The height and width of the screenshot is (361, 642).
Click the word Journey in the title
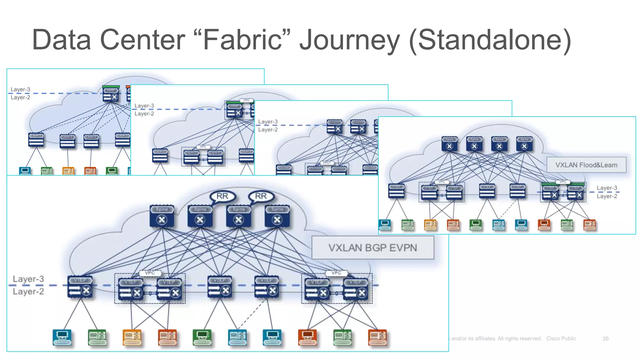(350, 40)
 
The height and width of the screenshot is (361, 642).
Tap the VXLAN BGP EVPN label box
(373, 248)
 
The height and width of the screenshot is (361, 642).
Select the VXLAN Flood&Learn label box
(586, 165)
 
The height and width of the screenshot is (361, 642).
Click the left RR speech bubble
(222, 196)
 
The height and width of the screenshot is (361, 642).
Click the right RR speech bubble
(261, 196)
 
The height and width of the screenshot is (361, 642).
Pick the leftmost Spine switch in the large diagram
(162, 216)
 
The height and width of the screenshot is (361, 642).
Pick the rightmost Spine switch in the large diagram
(277, 216)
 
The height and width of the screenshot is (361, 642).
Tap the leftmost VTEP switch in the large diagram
(80, 287)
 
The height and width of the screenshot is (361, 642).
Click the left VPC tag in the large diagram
(150, 273)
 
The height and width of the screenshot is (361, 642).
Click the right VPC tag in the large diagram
(336, 273)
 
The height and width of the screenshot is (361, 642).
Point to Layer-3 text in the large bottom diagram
(28, 279)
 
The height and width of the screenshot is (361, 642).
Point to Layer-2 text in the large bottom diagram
(28, 291)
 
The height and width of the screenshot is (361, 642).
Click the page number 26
(605, 338)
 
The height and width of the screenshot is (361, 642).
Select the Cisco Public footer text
(561, 338)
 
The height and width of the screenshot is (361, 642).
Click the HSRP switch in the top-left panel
(111, 94)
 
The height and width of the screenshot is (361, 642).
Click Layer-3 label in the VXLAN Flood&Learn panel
(607, 188)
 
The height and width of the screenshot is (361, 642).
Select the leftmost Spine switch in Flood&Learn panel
(449, 144)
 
